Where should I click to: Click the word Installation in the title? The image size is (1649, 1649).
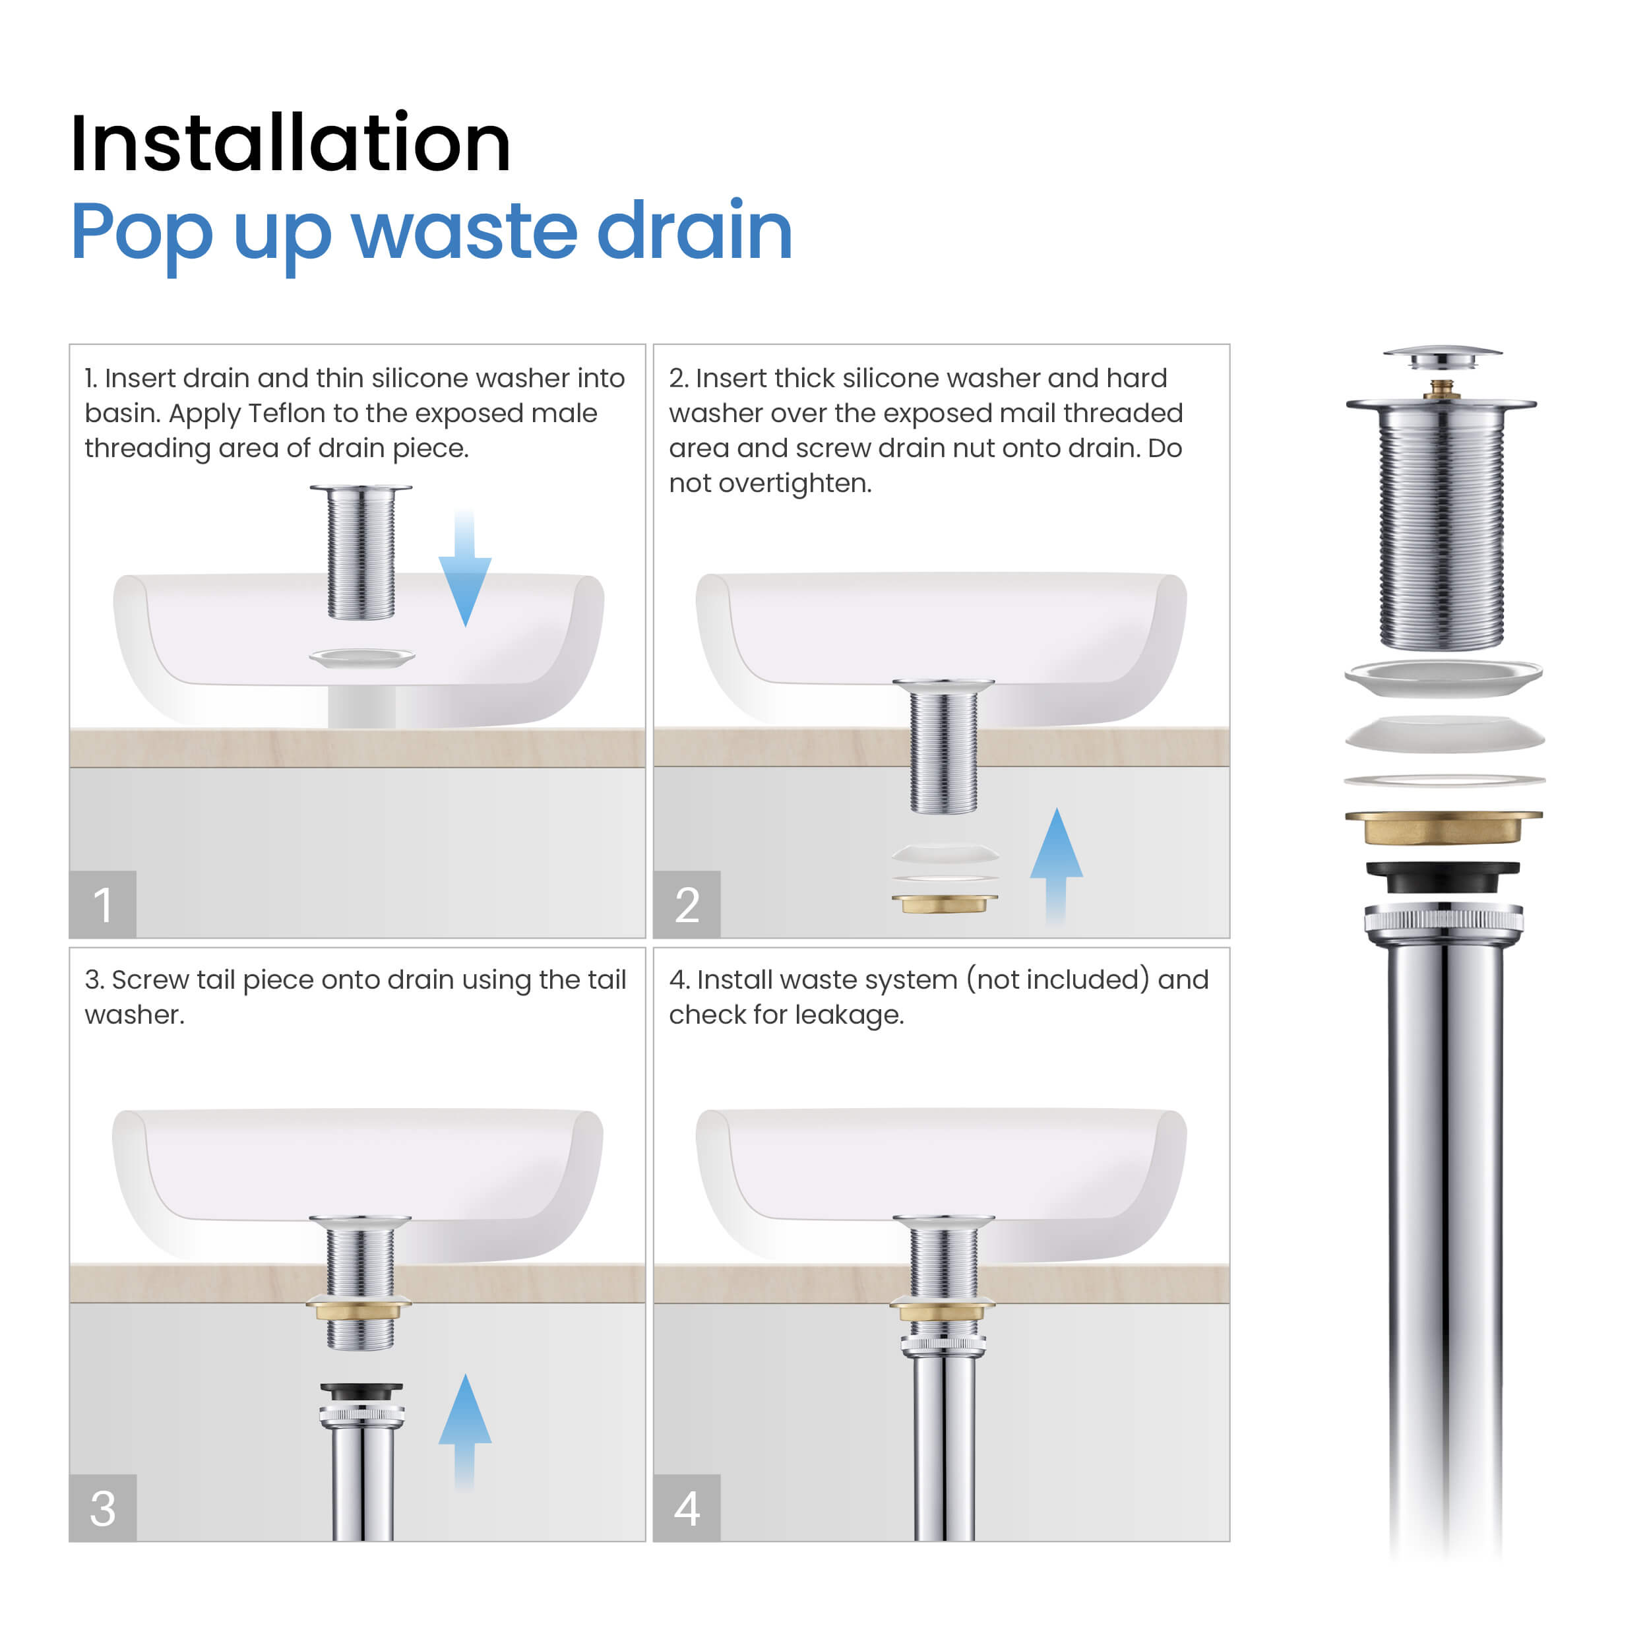click(x=290, y=143)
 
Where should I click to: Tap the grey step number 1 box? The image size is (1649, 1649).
click(x=102, y=904)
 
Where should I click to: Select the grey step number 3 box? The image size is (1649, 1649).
click(x=102, y=1507)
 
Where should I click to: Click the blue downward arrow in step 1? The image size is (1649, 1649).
click(x=464, y=572)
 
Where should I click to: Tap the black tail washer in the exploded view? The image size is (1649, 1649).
click(x=1443, y=877)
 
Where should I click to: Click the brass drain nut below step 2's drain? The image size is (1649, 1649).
click(x=944, y=903)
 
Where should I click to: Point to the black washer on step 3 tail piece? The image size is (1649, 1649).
click(x=361, y=1391)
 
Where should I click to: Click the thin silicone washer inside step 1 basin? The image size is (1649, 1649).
click(x=362, y=657)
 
